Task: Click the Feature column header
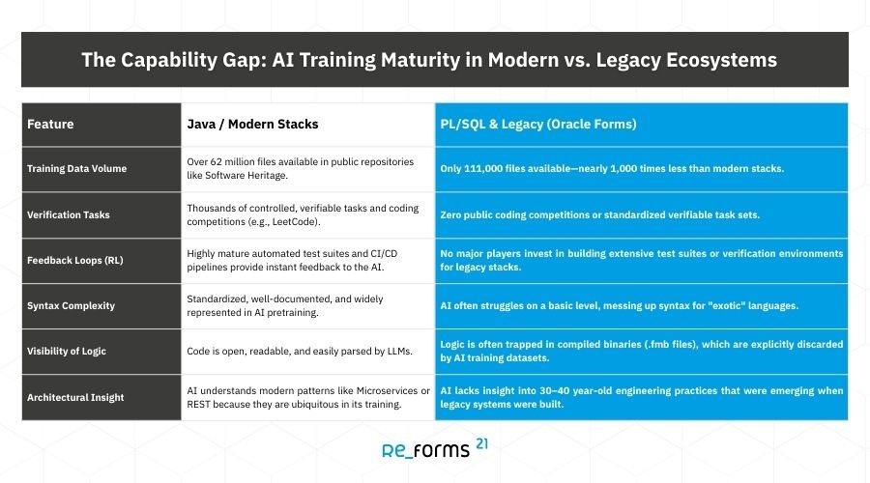pos(50,125)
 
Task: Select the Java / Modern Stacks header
pos(252,125)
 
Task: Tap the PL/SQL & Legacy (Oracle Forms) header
pos(538,125)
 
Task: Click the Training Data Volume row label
pos(77,169)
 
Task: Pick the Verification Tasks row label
pos(69,214)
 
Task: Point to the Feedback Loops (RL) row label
pos(74,260)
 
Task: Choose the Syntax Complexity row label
pos(71,305)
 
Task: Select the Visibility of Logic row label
pos(67,351)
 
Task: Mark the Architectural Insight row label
pos(75,397)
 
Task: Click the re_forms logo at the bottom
pos(425,450)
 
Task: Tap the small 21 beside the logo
pos(481,443)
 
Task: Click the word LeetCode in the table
pos(295,222)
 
